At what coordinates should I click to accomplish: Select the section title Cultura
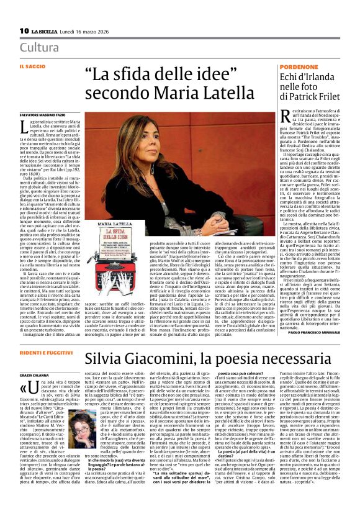(x=40, y=48)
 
